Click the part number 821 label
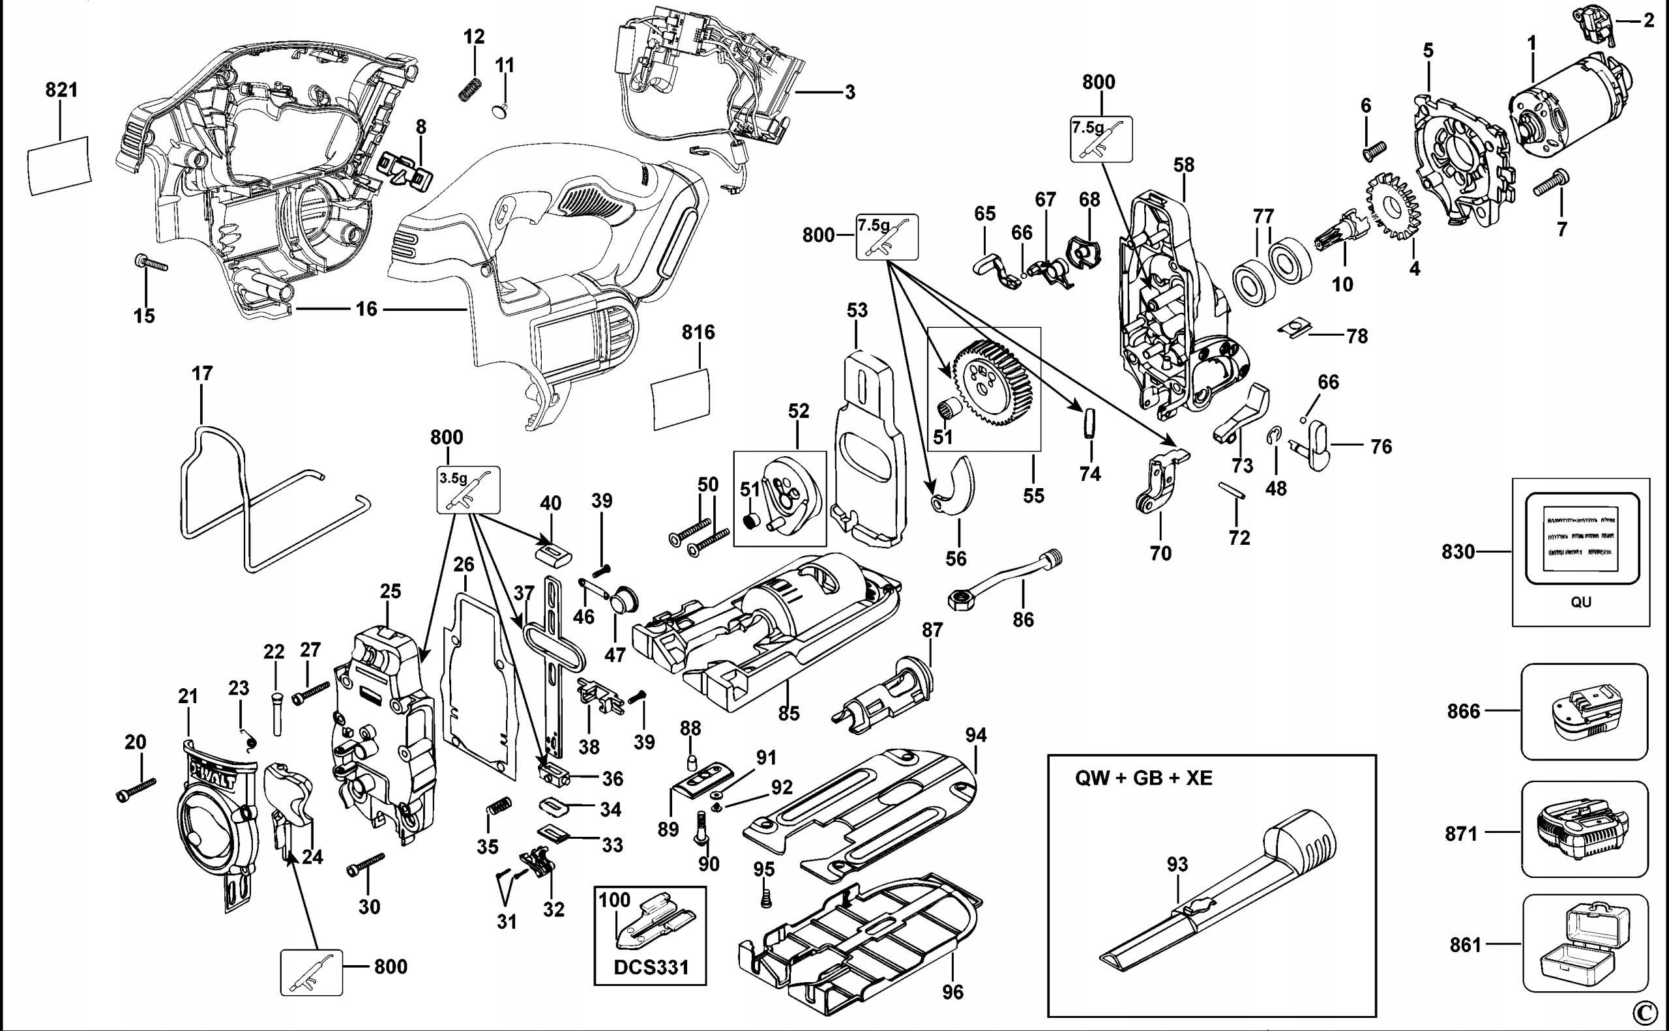[x=61, y=90]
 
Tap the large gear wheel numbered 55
[x=993, y=383]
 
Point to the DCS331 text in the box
[x=651, y=968]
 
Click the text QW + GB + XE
[x=1144, y=778]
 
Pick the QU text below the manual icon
[x=1580, y=602]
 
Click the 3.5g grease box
[x=468, y=489]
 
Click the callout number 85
[x=788, y=713]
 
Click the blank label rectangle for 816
[x=681, y=399]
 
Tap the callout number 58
[x=1184, y=165]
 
